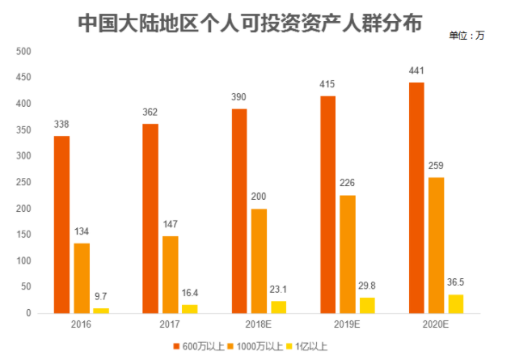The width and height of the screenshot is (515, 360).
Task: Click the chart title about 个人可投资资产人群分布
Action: [250, 23]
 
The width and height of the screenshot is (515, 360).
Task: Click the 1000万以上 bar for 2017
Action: [170, 274]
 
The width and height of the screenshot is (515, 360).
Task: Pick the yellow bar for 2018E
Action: [278, 307]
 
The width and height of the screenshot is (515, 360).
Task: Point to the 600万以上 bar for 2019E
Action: [327, 204]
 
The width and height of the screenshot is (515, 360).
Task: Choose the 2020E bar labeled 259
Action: [436, 245]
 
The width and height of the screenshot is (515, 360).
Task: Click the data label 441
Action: [416, 70]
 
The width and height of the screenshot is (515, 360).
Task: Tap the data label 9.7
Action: [101, 295]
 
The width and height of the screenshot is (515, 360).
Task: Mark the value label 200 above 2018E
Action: [259, 196]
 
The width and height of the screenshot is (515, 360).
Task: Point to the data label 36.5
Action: [456, 282]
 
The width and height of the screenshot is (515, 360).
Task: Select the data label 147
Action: [170, 223]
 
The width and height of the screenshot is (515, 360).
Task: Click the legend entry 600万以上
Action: [195, 346]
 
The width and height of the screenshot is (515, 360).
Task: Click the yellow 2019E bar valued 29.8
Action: [367, 305]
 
